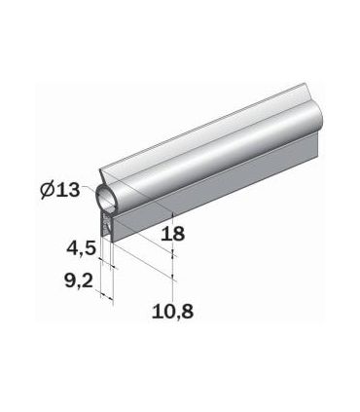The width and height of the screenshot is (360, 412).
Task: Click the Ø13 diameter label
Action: [x=61, y=190]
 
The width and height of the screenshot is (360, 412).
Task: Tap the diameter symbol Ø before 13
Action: [x=48, y=190]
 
